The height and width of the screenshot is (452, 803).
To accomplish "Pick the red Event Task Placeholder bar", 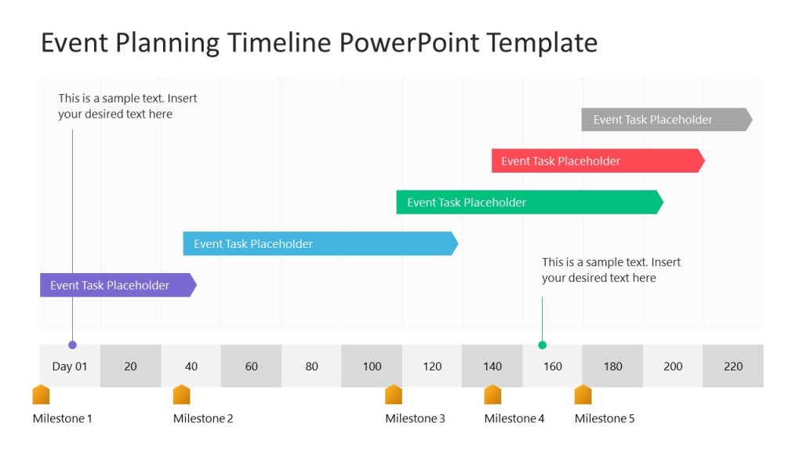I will [x=597, y=161].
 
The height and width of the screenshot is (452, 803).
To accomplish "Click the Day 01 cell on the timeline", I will [x=70, y=366].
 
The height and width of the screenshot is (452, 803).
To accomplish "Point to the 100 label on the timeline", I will [x=372, y=366].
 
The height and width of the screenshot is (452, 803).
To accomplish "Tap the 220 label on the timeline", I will [x=733, y=366].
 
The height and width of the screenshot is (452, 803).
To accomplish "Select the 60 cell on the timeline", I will [x=251, y=366].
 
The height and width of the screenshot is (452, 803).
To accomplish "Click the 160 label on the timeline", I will [x=553, y=366].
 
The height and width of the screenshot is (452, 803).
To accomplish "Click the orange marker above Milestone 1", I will [x=41, y=395].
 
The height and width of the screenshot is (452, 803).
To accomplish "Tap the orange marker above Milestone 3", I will [x=394, y=395].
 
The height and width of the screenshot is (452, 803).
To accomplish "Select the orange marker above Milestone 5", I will [x=583, y=395].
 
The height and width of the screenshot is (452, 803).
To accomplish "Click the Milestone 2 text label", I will [x=203, y=418].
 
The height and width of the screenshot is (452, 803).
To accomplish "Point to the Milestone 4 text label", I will [x=514, y=418].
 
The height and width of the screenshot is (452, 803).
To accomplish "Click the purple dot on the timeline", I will [x=72, y=344].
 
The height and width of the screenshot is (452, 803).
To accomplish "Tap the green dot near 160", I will [x=542, y=344].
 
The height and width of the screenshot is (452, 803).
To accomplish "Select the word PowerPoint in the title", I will [x=410, y=42].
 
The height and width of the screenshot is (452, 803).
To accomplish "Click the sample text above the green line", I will [x=611, y=270].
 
